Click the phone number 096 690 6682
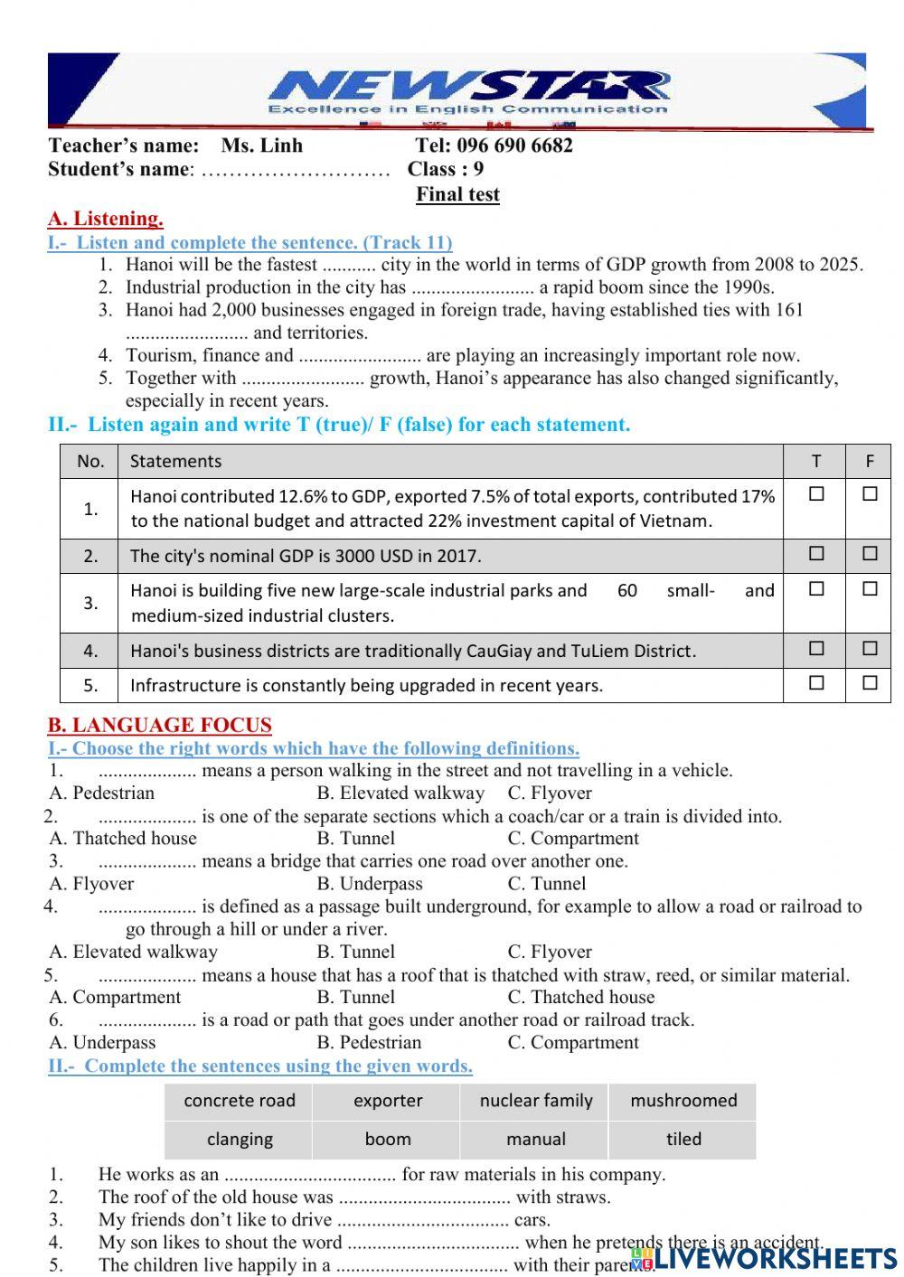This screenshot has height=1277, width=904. click(514, 146)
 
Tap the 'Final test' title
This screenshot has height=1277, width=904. click(457, 194)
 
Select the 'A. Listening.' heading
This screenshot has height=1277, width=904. click(106, 219)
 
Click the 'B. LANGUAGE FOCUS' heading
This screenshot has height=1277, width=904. click(160, 725)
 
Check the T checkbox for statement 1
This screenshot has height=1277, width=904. click(816, 494)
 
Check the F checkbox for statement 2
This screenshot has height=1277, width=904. click(870, 553)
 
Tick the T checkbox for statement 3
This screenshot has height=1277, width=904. click(816, 588)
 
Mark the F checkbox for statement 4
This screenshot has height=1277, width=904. click(870, 648)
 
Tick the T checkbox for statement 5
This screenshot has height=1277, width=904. click(816, 683)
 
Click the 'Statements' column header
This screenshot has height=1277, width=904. click(175, 461)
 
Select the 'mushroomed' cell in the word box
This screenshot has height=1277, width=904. click(683, 1101)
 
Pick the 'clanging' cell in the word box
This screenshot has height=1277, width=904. click(240, 1140)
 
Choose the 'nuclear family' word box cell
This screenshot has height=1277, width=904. click(536, 1101)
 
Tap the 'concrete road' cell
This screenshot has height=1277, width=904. click(240, 1101)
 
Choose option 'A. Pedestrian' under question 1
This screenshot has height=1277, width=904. click(102, 793)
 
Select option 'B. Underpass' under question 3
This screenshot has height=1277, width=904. click(370, 884)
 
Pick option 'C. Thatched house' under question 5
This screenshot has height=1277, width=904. click(581, 998)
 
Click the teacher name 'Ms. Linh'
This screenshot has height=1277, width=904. click(262, 146)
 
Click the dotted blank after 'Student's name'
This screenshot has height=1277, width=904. click(295, 170)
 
